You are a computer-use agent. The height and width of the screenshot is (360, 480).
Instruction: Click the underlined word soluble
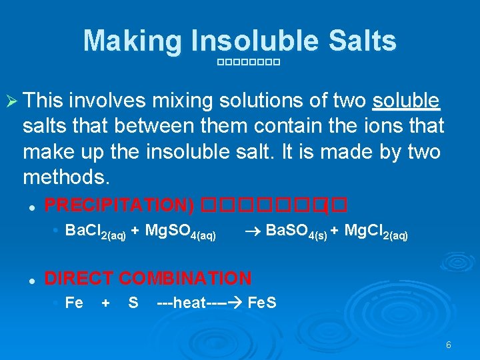[x=406, y=101]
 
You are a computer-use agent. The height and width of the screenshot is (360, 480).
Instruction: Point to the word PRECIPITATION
[x=118, y=205]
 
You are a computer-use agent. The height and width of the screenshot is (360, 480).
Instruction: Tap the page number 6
[x=448, y=345]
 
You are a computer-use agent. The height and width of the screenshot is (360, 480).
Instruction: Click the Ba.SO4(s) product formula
[x=296, y=232]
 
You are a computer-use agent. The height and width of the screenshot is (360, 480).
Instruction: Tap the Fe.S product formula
[x=261, y=303]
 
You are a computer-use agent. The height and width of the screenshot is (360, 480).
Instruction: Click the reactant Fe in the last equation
[x=74, y=303]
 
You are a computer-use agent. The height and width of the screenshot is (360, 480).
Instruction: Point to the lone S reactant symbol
[x=133, y=303]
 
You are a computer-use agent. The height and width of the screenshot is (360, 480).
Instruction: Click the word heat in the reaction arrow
[x=189, y=303]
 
